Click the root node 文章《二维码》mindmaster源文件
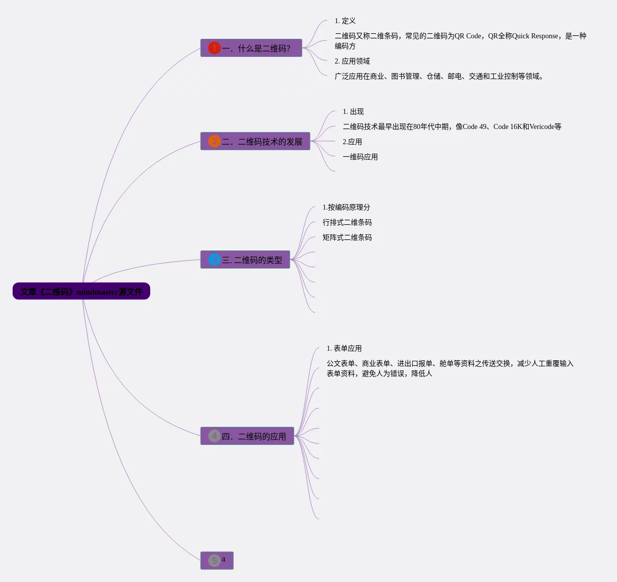[x=81, y=291]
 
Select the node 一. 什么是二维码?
[x=256, y=48]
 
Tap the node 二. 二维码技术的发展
[x=262, y=142]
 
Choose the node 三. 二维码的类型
[x=252, y=260]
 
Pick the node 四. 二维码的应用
[x=254, y=436]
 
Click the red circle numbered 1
[x=214, y=48]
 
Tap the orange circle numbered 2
[x=214, y=141]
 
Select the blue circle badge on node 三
[x=214, y=260]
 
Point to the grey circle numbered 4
[x=214, y=436]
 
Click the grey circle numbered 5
[x=214, y=560]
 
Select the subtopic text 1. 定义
[x=345, y=21]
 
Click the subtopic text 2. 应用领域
[x=352, y=61]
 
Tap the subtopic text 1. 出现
[x=353, y=111]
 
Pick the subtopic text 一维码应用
[x=360, y=157]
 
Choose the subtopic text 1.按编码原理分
[x=346, y=207]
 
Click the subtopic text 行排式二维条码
[x=347, y=222]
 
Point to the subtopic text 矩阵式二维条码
[x=347, y=237]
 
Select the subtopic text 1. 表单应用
[x=344, y=348]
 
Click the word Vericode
[x=542, y=126]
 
